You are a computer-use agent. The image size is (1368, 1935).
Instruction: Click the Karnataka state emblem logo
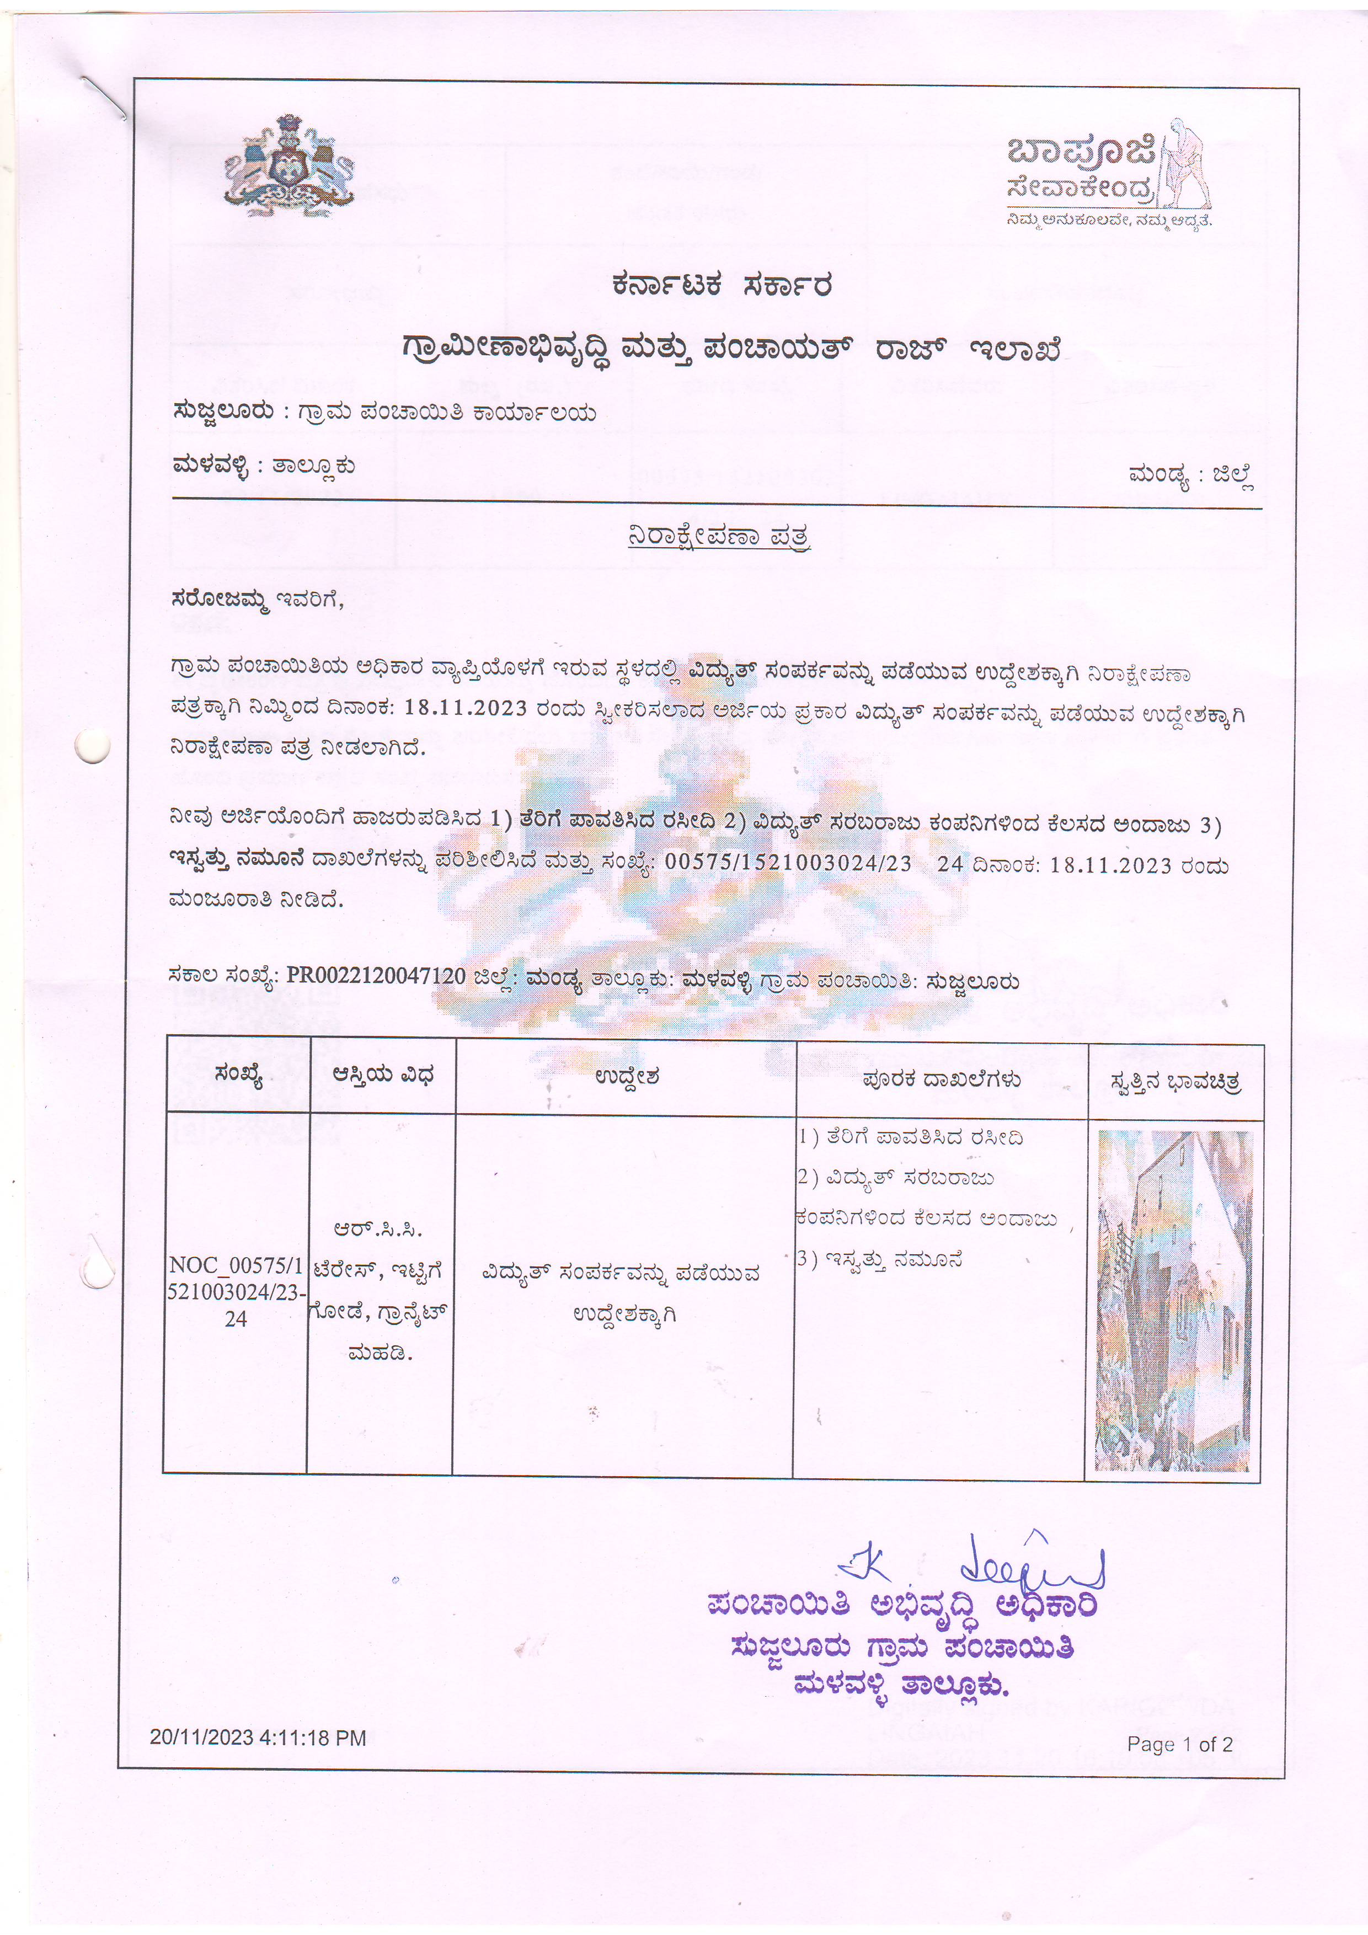point(288,164)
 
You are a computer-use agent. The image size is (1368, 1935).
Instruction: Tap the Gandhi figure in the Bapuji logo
point(1187,164)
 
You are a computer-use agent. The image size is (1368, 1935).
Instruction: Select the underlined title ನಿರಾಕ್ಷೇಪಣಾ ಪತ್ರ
point(719,536)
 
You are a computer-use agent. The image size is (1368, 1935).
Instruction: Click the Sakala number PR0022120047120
point(376,976)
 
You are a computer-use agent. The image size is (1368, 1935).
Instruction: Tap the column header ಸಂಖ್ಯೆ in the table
point(238,1076)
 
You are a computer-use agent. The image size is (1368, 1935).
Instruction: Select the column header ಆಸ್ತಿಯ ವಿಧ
point(383,1076)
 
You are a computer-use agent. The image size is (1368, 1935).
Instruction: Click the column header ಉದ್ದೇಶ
point(626,1077)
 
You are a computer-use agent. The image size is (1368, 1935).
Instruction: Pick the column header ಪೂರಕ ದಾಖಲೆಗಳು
point(942,1079)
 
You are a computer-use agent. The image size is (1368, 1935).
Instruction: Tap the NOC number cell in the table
point(236,1292)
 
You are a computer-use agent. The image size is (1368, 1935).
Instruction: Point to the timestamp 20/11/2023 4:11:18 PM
point(258,1738)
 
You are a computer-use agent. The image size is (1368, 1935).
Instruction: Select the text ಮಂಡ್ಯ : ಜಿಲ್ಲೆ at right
point(1191,476)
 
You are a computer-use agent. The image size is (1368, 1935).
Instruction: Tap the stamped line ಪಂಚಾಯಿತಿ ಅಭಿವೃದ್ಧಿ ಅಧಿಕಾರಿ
point(902,1606)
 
